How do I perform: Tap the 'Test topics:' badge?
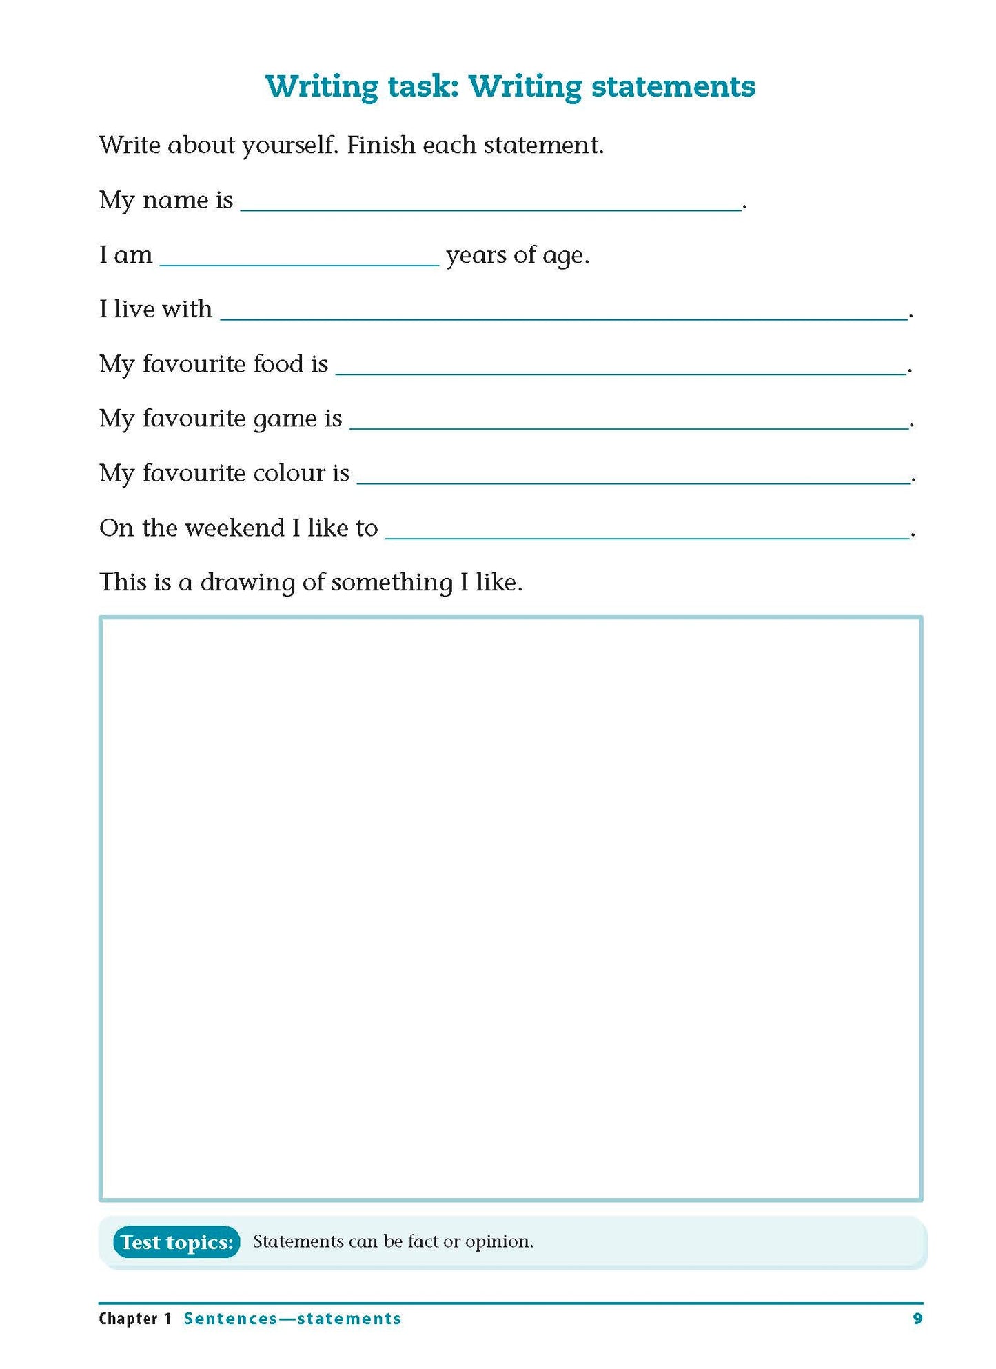(176, 1242)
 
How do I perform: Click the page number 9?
(917, 1319)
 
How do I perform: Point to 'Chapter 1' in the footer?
(135, 1319)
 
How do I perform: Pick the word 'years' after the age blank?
(476, 257)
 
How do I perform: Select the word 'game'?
(285, 420)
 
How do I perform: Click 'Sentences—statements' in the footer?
(292, 1319)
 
